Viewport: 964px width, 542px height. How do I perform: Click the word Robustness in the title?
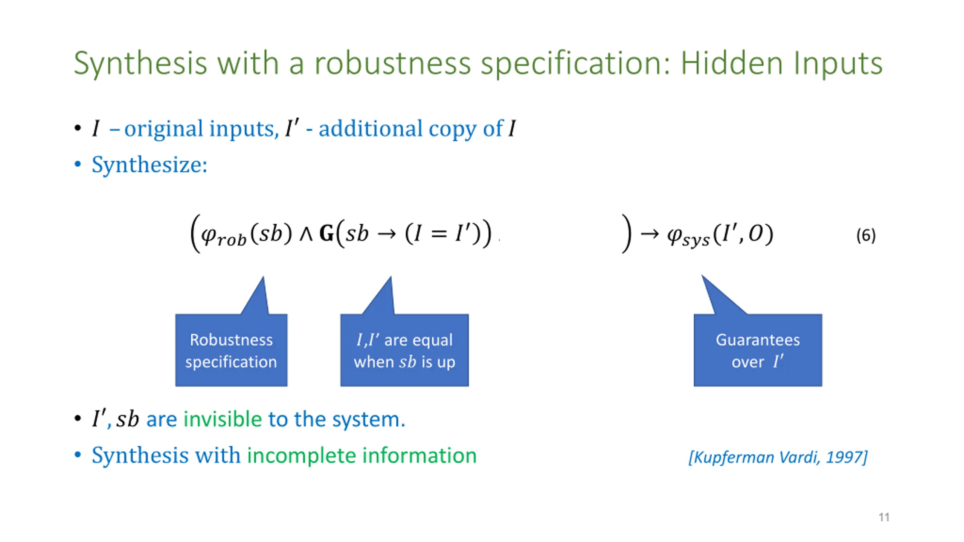point(392,63)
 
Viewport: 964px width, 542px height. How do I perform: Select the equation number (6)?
point(865,236)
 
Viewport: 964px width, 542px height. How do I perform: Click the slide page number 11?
point(884,517)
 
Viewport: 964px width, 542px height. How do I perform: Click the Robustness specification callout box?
point(231,350)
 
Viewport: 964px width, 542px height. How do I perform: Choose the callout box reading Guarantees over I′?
point(758,350)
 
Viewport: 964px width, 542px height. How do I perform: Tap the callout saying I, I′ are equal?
point(404,350)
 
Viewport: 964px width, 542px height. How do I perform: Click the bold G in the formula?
point(326,234)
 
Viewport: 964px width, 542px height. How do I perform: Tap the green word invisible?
point(222,419)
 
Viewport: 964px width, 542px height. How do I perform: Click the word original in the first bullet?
point(164,129)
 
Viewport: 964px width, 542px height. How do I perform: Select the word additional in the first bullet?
point(371,129)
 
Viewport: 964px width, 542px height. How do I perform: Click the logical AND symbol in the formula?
point(306,234)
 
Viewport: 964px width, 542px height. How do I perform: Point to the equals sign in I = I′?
point(439,234)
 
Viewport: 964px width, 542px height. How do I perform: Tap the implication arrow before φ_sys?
point(650,234)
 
